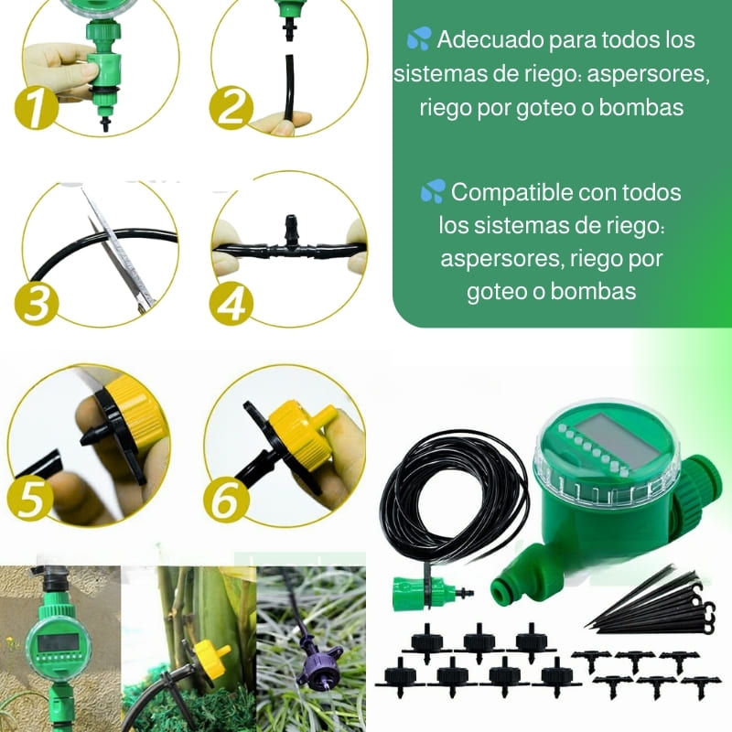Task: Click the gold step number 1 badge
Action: point(37,107)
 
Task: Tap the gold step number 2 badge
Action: point(231,107)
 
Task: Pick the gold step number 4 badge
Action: point(231,303)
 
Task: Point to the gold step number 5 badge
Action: point(30,499)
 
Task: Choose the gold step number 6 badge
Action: point(226,499)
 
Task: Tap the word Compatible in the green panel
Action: point(512,193)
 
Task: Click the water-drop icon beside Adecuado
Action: point(419,38)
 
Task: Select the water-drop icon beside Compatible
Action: point(433,191)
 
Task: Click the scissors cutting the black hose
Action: point(118,247)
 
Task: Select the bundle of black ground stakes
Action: point(653,606)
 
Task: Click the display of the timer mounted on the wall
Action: point(58,643)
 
